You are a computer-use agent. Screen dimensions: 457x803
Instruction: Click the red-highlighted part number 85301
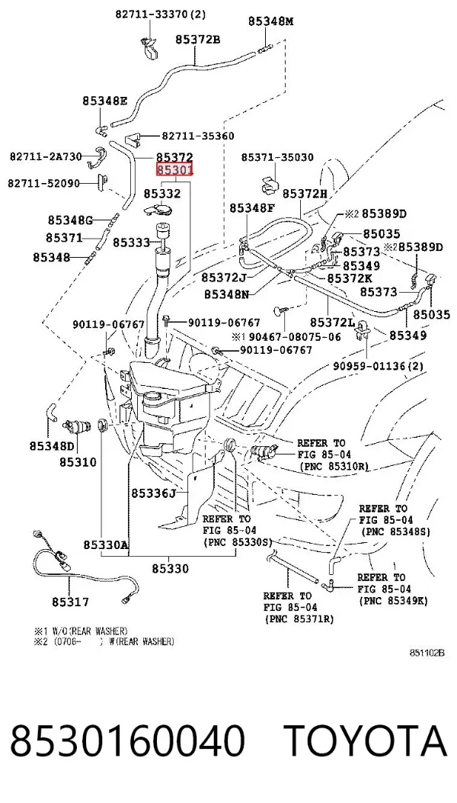click(x=174, y=169)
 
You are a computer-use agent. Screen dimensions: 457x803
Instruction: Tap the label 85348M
click(x=270, y=21)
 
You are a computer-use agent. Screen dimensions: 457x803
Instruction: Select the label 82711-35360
click(x=198, y=136)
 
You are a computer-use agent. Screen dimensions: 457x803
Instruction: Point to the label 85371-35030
click(x=277, y=158)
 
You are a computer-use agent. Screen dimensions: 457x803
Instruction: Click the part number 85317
click(x=70, y=602)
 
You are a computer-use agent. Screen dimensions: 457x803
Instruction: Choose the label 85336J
click(x=154, y=493)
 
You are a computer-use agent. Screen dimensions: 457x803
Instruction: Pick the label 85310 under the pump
click(x=77, y=462)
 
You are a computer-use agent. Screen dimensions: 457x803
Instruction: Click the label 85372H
click(x=305, y=194)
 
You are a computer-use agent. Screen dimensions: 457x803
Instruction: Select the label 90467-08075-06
click(x=292, y=336)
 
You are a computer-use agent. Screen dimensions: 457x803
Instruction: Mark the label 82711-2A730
click(x=46, y=156)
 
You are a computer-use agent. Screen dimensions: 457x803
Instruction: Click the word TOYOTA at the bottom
click(x=366, y=741)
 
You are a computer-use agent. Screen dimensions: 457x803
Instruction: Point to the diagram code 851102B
click(x=427, y=653)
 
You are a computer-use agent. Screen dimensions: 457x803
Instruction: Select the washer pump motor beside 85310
click(x=76, y=425)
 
